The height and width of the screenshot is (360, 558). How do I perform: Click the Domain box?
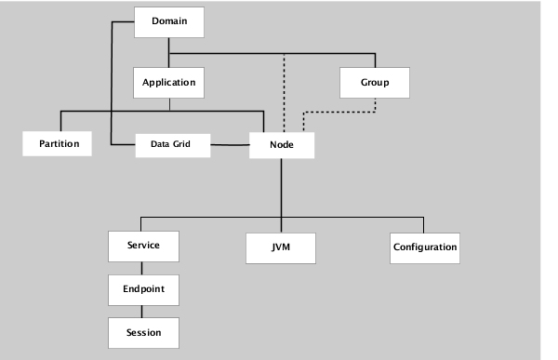click(x=167, y=22)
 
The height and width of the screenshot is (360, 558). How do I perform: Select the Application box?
click(x=168, y=83)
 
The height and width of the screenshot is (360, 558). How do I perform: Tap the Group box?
click(x=375, y=83)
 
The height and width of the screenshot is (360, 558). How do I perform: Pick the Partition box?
click(x=58, y=144)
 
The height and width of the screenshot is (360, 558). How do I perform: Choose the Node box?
click(x=282, y=145)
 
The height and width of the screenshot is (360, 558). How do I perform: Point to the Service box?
click(x=143, y=246)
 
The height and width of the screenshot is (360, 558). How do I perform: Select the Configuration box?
click(x=425, y=247)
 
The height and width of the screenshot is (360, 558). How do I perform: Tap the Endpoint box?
click(x=143, y=289)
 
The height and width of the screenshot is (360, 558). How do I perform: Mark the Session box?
click(x=143, y=332)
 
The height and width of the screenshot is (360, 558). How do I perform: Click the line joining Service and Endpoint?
click(x=141, y=267)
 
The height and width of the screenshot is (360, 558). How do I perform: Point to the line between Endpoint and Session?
click(x=141, y=311)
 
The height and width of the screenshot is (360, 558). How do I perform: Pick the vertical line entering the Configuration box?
click(x=423, y=224)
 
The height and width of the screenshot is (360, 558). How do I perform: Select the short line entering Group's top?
click(x=375, y=60)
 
